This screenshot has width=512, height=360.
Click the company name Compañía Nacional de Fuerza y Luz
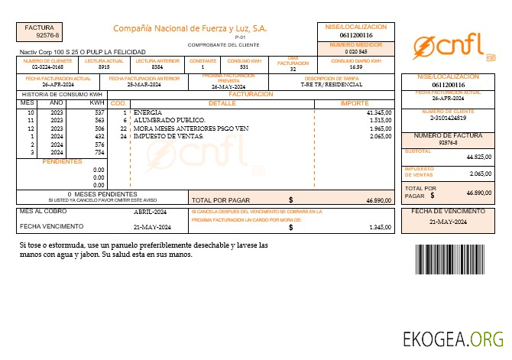[x=190, y=28]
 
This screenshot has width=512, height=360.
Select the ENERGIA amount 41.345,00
[x=379, y=112]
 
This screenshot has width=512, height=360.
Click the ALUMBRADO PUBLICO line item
[x=169, y=120]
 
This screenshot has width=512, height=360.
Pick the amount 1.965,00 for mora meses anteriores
[x=380, y=128]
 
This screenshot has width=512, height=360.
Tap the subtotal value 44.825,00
[x=478, y=157]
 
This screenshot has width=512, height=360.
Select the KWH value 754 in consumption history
[x=99, y=152]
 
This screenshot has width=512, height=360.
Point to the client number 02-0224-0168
[x=47, y=67]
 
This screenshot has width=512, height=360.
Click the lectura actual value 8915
[x=104, y=67]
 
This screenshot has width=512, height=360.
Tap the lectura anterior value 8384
[x=157, y=67]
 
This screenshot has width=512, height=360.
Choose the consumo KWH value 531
[x=244, y=67]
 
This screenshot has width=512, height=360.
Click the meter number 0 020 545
[x=356, y=52]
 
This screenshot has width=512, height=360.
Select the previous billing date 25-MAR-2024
[x=142, y=85]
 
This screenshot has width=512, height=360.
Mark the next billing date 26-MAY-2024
[x=228, y=87]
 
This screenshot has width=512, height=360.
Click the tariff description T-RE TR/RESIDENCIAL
[x=331, y=85]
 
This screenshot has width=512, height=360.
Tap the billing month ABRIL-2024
[x=150, y=211]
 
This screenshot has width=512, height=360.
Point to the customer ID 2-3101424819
[x=448, y=118]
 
